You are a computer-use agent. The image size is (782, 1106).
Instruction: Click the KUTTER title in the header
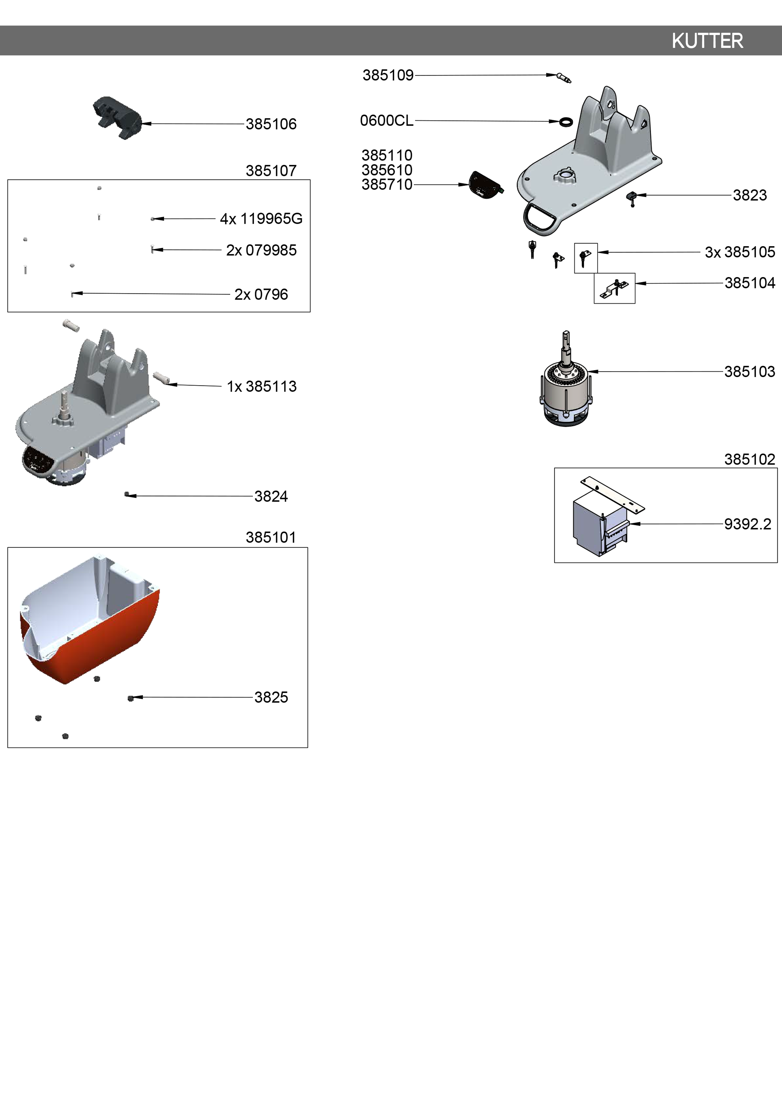707,41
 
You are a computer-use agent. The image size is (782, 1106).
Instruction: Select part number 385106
271,124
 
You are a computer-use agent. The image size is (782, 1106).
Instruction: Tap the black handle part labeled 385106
117,118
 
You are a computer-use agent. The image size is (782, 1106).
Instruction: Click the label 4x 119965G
261,219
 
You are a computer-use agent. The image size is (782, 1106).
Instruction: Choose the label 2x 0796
261,294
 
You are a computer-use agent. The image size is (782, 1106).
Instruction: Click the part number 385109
388,75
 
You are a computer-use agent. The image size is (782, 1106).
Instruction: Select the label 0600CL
386,120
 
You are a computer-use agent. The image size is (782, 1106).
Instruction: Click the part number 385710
387,184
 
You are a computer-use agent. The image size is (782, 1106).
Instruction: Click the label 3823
750,195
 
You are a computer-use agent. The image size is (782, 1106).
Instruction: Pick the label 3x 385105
740,252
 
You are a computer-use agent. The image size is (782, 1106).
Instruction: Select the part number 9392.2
747,524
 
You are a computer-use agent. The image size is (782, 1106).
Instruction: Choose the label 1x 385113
262,386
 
